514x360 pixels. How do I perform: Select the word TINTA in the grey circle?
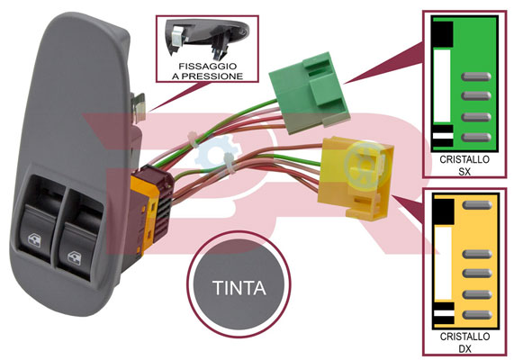point(239,288)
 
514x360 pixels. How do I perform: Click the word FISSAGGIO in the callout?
point(208,67)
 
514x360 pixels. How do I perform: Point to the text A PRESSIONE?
point(208,76)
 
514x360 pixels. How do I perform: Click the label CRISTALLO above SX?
point(464,159)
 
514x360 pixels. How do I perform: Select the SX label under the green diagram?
point(464,172)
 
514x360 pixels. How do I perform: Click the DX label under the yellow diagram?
point(464,349)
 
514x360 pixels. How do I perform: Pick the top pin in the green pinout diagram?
point(476,76)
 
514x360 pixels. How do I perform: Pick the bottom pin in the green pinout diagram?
point(476,138)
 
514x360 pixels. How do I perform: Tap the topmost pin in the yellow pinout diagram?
point(477,205)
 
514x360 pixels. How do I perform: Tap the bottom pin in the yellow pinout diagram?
point(477,315)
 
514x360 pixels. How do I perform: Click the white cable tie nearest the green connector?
point(193,139)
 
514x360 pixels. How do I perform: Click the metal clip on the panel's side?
point(140,106)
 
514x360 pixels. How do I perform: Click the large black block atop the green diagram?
point(443,34)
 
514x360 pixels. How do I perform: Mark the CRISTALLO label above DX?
point(464,337)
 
